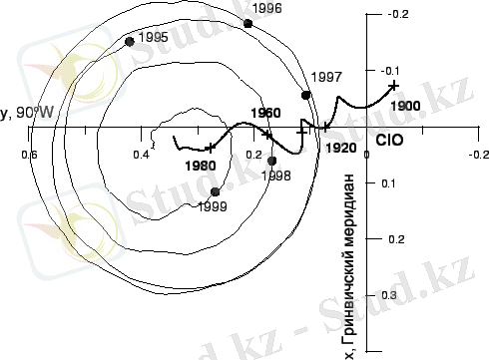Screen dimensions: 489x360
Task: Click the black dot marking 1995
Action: point(130,42)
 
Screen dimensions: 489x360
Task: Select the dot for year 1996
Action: point(247,23)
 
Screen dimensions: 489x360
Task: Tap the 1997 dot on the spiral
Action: point(305,95)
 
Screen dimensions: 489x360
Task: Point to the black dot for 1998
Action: point(271,161)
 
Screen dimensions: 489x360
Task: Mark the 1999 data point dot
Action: point(216,191)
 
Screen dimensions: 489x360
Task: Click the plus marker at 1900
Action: point(394,86)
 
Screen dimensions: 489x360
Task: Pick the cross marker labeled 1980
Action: point(210,148)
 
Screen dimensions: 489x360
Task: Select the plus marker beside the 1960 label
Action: point(267,135)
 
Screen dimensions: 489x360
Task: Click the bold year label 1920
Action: point(341,148)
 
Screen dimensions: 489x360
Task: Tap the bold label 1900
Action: point(405,106)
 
